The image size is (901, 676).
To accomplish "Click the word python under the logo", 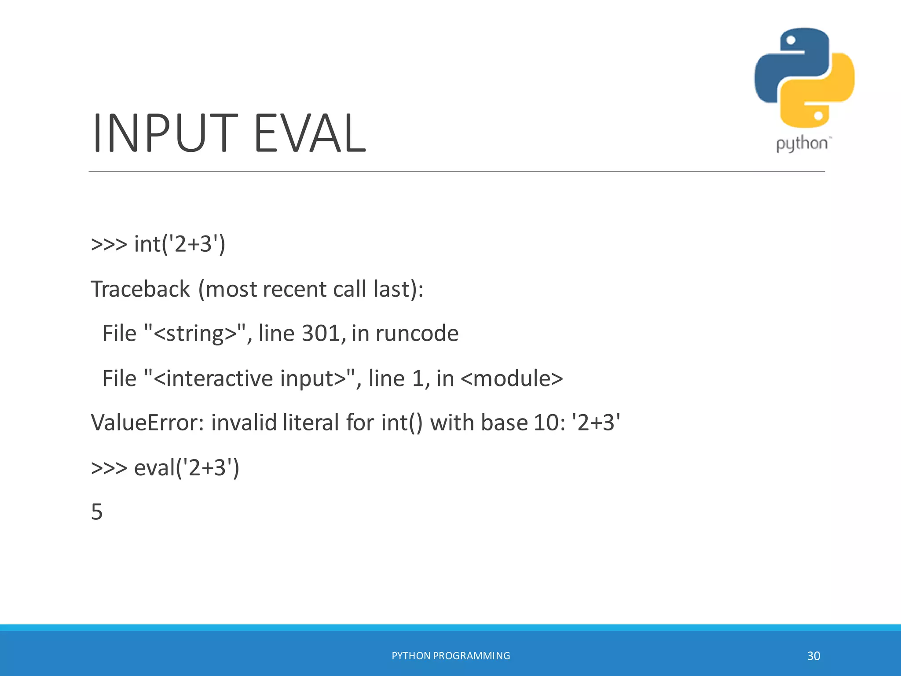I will (x=802, y=144).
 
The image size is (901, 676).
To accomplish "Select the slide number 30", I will (x=813, y=656).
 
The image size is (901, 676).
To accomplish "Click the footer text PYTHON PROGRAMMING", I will (x=450, y=656).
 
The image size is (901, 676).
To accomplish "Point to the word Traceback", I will (x=140, y=289).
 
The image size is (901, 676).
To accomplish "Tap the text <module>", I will (x=511, y=378).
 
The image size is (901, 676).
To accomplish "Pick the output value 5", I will (x=97, y=512).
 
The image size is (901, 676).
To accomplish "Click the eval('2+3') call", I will (x=187, y=467).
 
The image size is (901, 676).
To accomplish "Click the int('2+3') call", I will (x=179, y=244).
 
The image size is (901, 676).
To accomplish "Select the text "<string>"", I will (x=195, y=333).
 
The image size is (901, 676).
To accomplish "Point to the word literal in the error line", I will (x=311, y=422).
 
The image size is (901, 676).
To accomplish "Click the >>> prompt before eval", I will (x=109, y=467).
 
